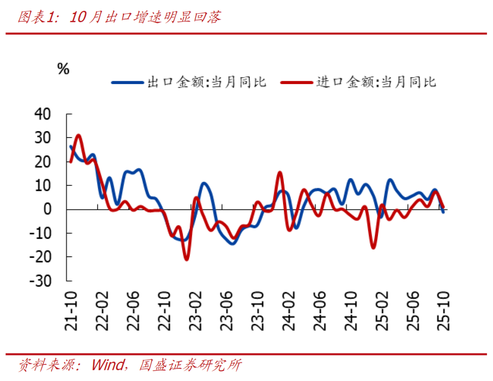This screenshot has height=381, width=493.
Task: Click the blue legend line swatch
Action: tap(127, 82)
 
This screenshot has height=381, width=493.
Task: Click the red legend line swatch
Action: tap(297, 82)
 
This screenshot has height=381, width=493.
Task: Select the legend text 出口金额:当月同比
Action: tap(206, 82)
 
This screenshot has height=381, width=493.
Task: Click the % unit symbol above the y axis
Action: tap(63, 69)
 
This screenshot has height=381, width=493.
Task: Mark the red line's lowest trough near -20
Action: tap(186, 259)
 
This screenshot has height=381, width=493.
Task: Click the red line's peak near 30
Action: tap(79, 135)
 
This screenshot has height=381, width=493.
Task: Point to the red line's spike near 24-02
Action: tap(280, 173)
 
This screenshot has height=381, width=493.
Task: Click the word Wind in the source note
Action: tap(108, 365)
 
